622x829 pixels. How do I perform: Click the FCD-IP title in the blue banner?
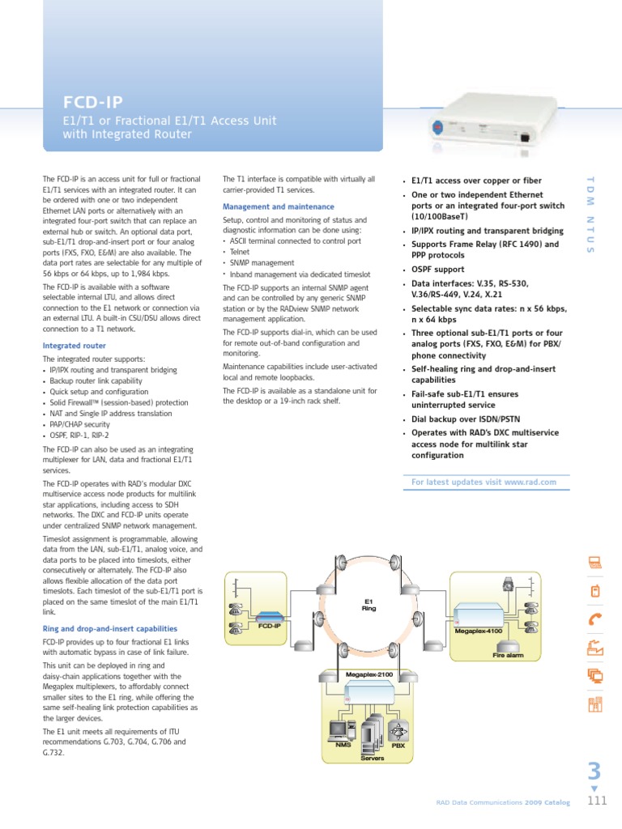coord(94,102)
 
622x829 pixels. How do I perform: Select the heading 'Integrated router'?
coord(74,346)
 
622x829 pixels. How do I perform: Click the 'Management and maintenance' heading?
coord(278,206)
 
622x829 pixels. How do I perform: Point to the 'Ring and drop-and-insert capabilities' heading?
coord(109,628)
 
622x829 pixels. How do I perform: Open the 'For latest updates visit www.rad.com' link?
coord(484,482)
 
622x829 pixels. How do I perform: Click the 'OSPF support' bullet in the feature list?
coord(437,270)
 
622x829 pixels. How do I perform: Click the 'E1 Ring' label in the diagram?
coord(368,605)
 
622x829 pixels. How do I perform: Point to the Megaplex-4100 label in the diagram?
coord(478,630)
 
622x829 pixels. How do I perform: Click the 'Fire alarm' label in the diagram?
coord(509,655)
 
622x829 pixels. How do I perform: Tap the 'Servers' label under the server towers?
coord(372,759)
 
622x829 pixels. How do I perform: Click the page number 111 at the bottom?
coord(596,801)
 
